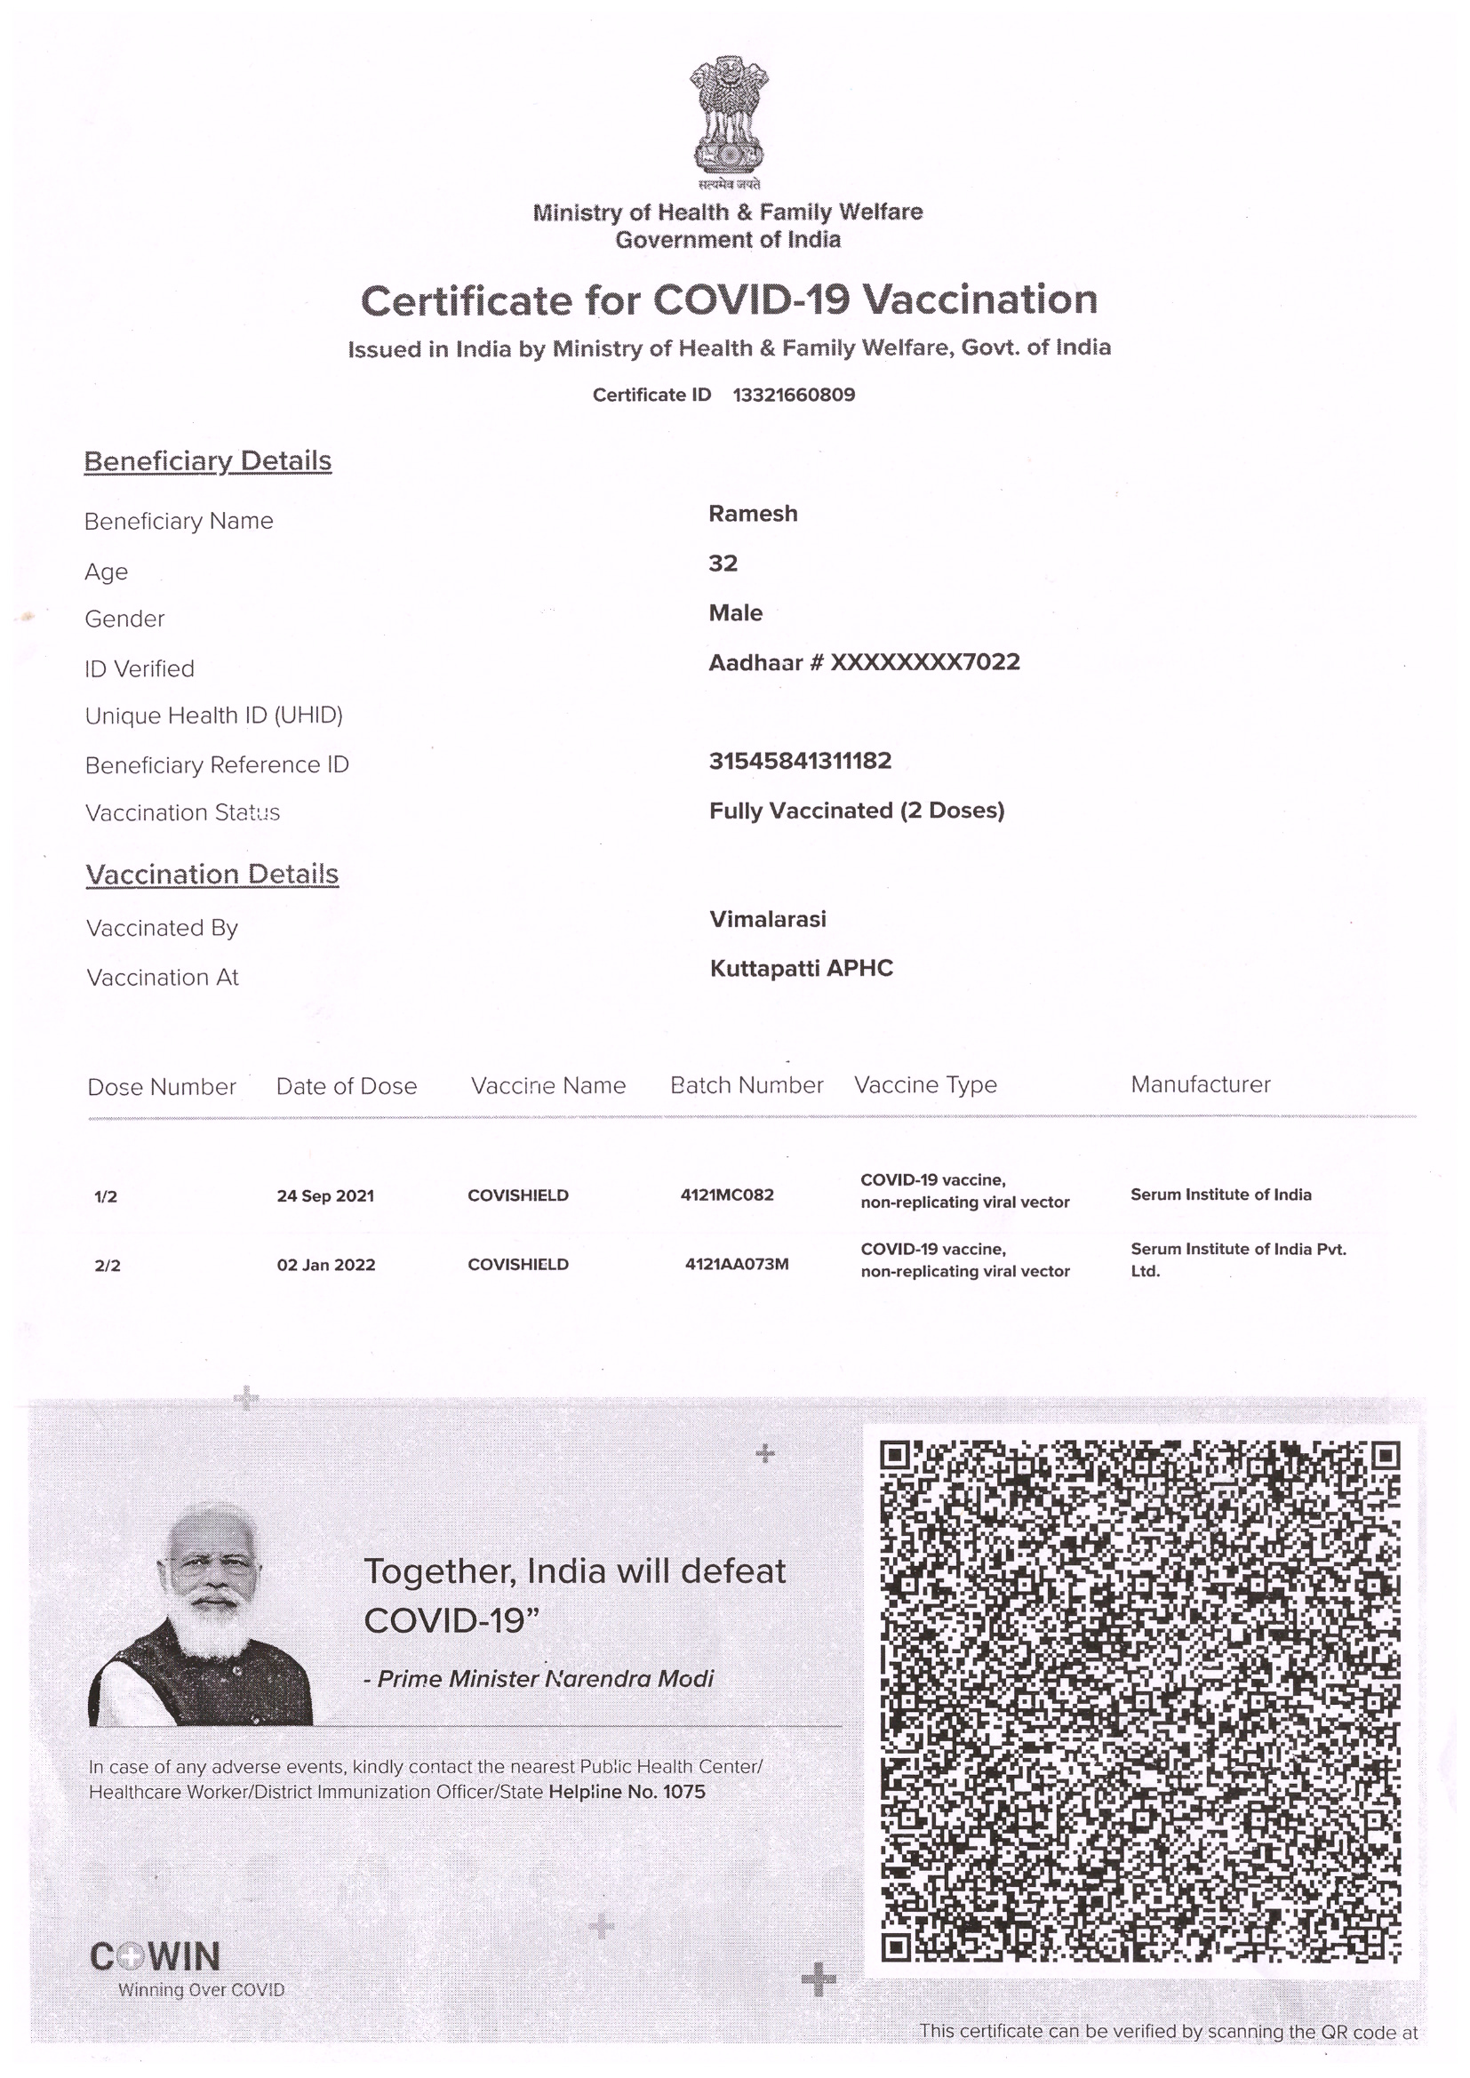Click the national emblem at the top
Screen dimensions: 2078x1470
(729, 121)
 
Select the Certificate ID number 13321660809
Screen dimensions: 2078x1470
(793, 395)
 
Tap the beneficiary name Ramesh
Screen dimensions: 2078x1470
(752, 514)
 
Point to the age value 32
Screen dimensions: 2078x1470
(723, 563)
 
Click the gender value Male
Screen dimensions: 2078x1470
(735, 613)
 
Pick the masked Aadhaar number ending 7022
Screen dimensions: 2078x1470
(924, 662)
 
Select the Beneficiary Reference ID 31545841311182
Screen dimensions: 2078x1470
(800, 761)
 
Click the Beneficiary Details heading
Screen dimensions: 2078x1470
(207, 461)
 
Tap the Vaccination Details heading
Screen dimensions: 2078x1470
(212, 875)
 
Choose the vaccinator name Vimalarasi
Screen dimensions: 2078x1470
(768, 920)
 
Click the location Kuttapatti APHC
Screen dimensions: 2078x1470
(801, 970)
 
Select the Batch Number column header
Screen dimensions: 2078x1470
(746, 1085)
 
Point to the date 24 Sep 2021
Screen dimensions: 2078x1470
(325, 1196)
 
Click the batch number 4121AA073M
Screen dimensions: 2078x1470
(737, 1265)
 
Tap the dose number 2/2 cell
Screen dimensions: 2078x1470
(107, 1267)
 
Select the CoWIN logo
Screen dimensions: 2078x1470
(155, 1957)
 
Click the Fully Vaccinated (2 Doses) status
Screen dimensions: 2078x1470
(856, 811)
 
